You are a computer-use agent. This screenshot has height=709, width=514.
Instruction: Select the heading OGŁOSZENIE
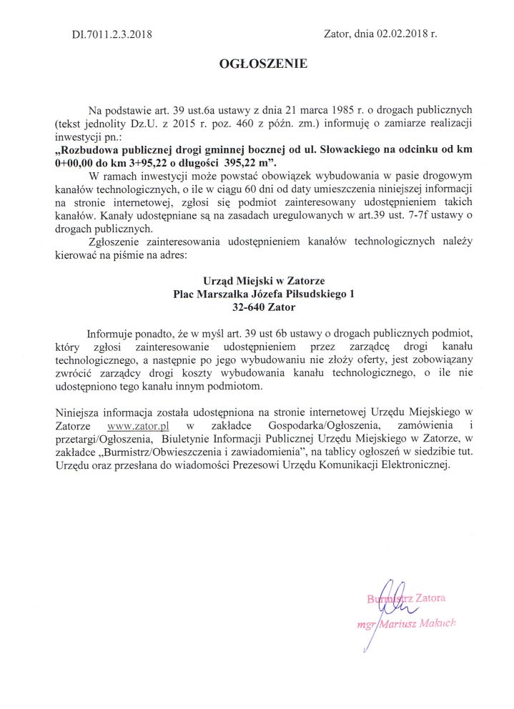pos(263,64)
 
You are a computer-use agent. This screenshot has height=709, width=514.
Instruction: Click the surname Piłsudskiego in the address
pos(310,294)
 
